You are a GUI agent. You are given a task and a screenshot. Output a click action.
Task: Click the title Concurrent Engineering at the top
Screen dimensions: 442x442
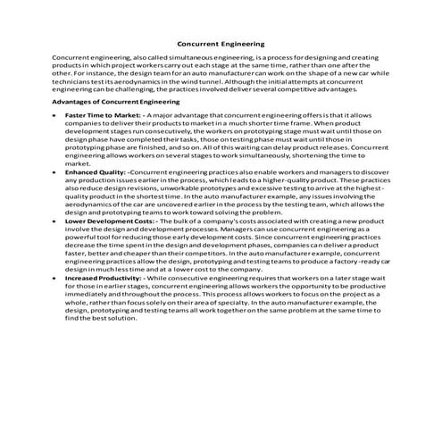coord(221,42)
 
